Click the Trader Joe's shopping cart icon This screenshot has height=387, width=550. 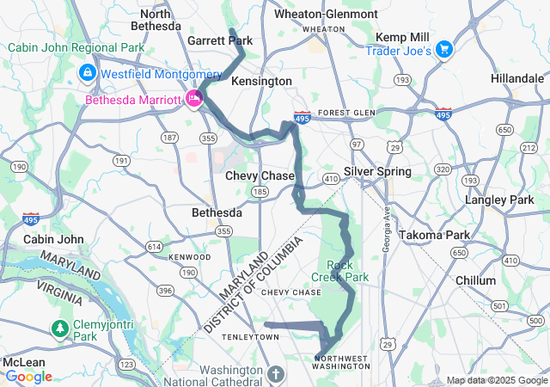tap(444, 48)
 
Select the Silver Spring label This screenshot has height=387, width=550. tap(377, 171)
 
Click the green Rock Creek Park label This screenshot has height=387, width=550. tap(347, 271)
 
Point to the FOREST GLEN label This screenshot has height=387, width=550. tap(347, 113)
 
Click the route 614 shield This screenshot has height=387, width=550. tap(154, 247)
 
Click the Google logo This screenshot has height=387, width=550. tap(28, 376)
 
